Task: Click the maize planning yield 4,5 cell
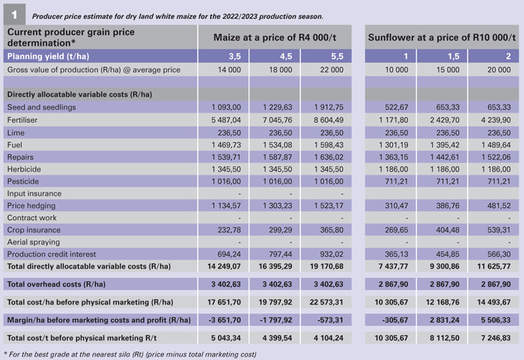(x=274, y=55)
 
